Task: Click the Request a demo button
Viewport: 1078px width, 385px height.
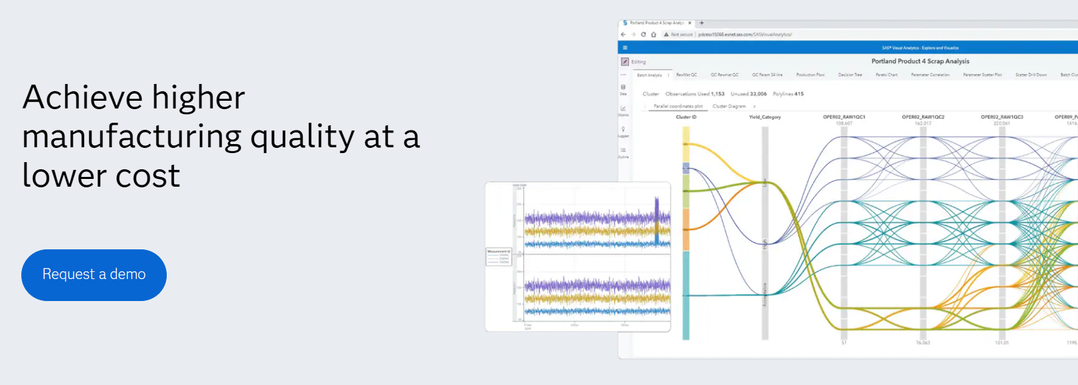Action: pyautogui.click(x=94, y=275)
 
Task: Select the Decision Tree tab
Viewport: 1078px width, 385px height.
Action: pyautogui.click(x=850, y=75)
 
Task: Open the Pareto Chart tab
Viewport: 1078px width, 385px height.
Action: pyautogui.click(x=887, y=75)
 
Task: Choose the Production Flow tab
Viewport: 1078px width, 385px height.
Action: pyautogui.click(x=810, y=75)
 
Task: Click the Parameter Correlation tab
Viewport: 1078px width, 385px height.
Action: pyautogui.click(x=930, y=75)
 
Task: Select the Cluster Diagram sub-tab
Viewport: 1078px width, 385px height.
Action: pyautogui.click(x=729, y=107)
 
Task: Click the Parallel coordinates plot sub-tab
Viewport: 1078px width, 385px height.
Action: pyautogui.click(x=678, y=107)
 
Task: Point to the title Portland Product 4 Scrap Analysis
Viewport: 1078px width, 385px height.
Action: pyautogui.click(x=920, y=61)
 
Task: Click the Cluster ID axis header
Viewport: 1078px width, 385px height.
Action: pyautogui.click(x=686, y=118)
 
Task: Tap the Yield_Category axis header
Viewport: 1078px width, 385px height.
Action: pyautogui.click(x=765, y=118)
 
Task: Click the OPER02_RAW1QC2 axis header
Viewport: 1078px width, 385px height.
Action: pyautogui.click(x=923, y=118)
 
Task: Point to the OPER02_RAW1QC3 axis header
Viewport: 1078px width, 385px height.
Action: pyautogui.click(x=1002, y=118)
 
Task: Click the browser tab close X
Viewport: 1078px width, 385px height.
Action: pyautogui.click(x=690, y=23)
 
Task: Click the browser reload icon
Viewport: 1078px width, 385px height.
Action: pyautogui.click(x=643, y=34)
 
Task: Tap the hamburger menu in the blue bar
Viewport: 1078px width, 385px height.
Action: pyautogui.click(x=625, y=48)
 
